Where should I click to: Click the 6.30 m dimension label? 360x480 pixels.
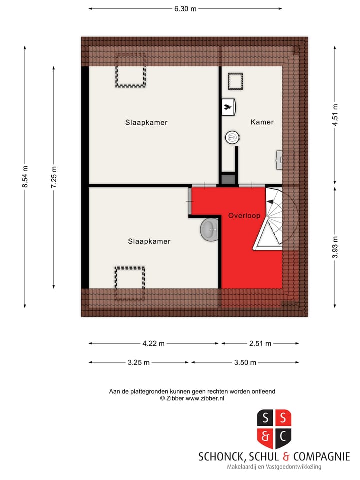tap(185, 8)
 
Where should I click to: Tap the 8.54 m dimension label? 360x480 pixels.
tap(25, 177)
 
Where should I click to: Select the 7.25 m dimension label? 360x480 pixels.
tap(54, 177)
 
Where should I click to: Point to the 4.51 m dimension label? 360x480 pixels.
tap(335, 115)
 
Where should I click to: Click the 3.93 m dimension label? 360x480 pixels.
tap(335, 247)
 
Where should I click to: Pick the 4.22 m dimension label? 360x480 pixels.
tap(153, 343)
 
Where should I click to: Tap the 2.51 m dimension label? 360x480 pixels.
tap(260, 343)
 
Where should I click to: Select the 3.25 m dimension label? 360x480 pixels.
tap(139, 362)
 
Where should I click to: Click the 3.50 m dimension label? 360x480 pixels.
tap(245, 362)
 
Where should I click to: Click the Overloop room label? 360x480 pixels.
tap(244, 216)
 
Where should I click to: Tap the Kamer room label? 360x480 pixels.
tap(262, 122)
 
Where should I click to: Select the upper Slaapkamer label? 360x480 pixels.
tap(146, 122)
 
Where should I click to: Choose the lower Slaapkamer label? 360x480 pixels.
tap(149, 241)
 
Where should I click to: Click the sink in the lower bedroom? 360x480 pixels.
tap(210, 230)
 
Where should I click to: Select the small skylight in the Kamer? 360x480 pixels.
tap(235, 81)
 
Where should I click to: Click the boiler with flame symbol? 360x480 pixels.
tap(229, 106)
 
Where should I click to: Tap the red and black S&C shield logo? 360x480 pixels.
tap(274, 429)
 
